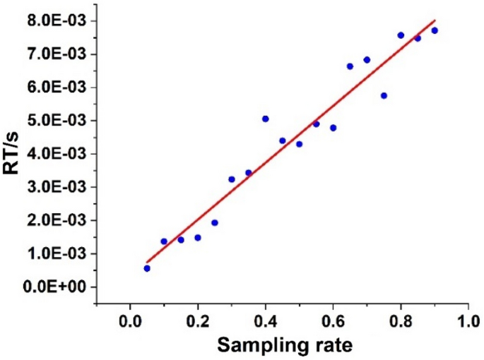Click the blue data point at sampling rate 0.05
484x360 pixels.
pos(147,268)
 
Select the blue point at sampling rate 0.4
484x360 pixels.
pos(265,119)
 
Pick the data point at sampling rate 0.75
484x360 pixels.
pos(384,95)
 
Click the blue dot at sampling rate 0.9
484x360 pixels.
pos(435,30)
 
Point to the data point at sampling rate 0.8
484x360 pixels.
pos(401,35)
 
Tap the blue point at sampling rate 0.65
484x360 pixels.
pos(350,66)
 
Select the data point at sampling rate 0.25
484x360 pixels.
pos(215,222)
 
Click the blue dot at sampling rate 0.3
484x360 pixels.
pos(232,179)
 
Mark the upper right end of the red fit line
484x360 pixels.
pos(435,20)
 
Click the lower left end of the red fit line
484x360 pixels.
pos(147,262)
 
